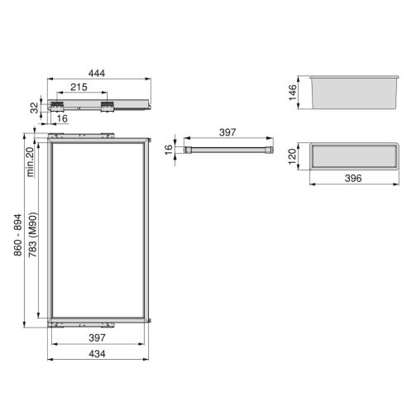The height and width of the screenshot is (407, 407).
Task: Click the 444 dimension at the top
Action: pos(99,74)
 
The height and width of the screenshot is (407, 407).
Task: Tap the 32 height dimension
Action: pos(35,107)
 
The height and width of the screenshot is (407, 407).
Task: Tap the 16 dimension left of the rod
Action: pos(168,151)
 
